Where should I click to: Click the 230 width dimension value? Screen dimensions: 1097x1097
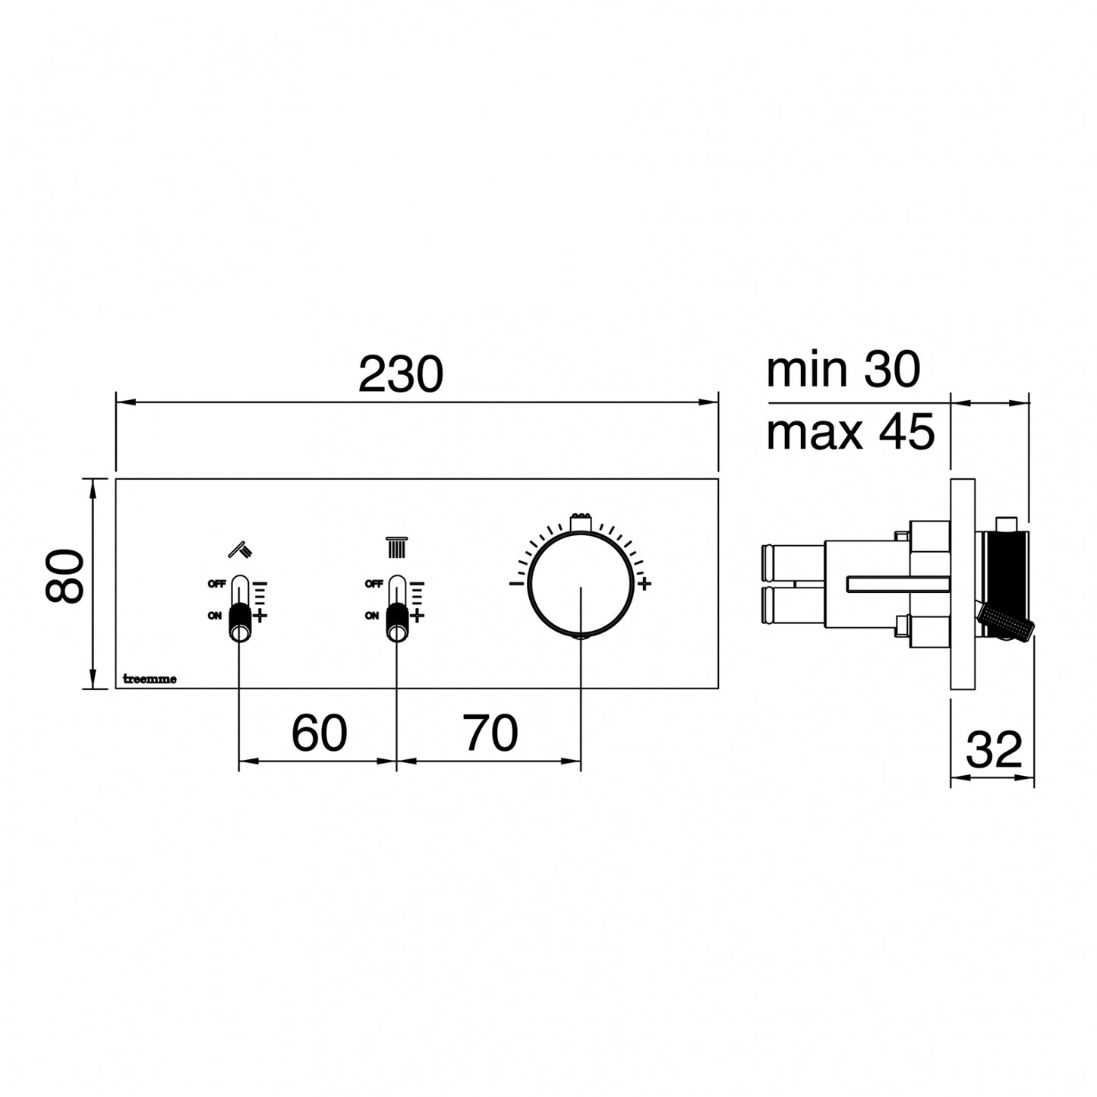pos(400,374)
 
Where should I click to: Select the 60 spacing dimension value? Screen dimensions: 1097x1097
pos(319,733)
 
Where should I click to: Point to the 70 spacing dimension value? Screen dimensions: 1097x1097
pos(490,733)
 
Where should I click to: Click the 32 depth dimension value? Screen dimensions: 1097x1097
pos(994,750)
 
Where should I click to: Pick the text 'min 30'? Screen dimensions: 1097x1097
pos(843,370)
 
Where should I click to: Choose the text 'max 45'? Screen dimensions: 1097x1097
pos(850,431)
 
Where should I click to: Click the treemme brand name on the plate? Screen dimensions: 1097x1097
pos(150,679)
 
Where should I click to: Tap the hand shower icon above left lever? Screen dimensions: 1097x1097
pos(241,549)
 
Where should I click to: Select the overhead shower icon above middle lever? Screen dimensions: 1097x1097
pos(397,547)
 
